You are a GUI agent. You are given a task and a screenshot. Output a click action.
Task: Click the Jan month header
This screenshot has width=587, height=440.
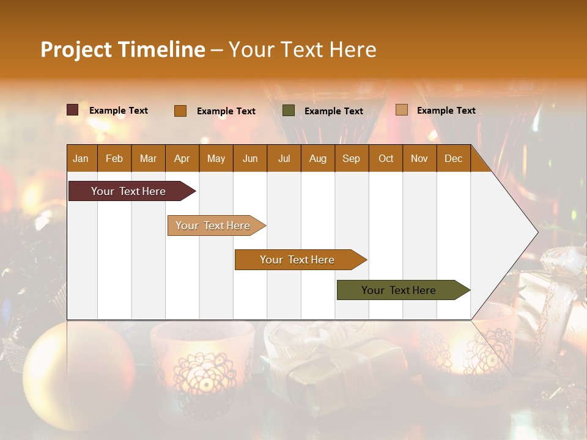81,158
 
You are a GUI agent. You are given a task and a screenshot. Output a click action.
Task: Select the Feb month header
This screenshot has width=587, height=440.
114,158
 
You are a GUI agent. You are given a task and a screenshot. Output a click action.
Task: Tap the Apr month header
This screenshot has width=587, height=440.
182,158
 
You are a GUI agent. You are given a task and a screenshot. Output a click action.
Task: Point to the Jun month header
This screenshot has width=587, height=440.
250,158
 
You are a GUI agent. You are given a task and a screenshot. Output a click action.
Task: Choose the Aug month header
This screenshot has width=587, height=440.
317,158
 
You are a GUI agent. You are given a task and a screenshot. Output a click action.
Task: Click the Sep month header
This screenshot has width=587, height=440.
351,158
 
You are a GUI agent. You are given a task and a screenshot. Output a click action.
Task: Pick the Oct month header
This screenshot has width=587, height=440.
386,158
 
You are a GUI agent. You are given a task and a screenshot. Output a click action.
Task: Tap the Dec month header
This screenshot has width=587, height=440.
453,158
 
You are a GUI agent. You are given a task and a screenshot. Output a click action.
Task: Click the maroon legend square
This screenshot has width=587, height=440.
73,110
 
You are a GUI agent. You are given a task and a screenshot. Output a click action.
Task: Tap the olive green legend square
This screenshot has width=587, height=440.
289,110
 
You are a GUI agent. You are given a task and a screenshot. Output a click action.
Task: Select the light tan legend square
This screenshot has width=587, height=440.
401,110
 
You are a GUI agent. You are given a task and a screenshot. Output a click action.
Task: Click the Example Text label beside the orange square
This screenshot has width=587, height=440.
226,111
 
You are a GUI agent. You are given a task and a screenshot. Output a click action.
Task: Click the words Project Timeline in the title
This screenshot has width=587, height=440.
123,50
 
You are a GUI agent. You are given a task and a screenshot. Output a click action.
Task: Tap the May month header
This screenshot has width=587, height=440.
216,158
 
